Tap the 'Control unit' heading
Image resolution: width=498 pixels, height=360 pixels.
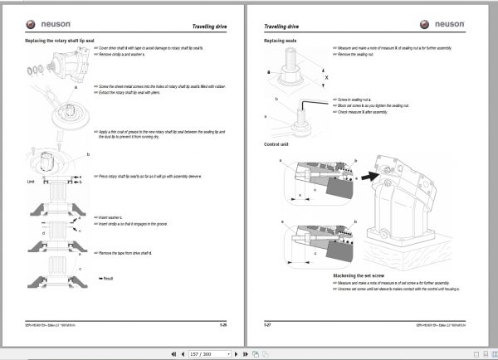(277, 144)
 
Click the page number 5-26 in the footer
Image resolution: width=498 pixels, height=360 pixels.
(232, 321)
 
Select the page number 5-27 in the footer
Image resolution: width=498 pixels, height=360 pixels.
(268, 321)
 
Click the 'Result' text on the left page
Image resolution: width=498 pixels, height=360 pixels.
(107, 289)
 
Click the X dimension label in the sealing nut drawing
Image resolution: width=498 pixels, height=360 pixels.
(326, 76)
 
